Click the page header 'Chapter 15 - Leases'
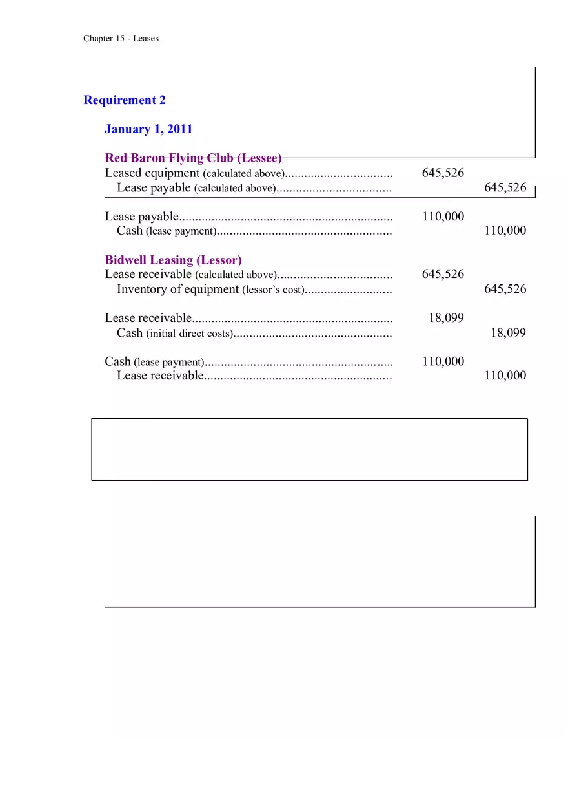[x=121, y=38]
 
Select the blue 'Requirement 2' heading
[x=125, y=100]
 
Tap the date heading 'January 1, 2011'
[x=148, y=129]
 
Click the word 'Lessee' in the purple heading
[x=259, y=158]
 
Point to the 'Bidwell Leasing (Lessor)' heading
[x=173, y=260]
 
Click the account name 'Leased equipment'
[x=152, y=173]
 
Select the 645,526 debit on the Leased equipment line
[x=443, y=173]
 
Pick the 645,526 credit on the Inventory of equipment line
[x=505, y=289]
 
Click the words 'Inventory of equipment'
[x=177, y=289]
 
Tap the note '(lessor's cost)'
[x=272, y=290]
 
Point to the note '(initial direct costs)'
[x=188, y=334]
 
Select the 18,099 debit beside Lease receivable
[x=446, y=318]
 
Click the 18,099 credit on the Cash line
[x=508, y=333]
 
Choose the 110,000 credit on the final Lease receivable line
[x=505, y=376]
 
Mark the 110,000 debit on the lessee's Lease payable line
[x=443, y=217]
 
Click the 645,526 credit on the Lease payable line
[x=505, y=188]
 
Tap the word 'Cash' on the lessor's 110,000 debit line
[x=117, y=361]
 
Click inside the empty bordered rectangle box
[x=309, y=449]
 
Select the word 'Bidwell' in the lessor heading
[x=126, y=260]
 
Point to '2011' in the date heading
[x=179, y=129]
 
